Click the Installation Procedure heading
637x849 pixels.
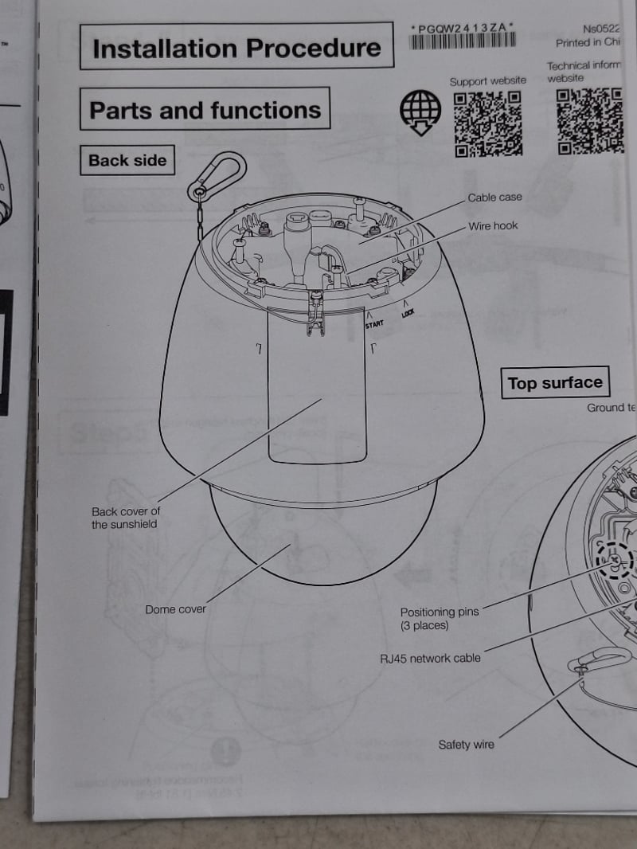coord(236,48)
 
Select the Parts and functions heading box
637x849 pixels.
coord(205,110)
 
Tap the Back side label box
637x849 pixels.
coord(127,160)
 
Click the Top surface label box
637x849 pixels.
coord(555,383)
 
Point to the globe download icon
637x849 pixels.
coord(420,112)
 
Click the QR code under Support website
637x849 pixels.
coord(487,123)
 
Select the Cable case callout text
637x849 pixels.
coord(494,198)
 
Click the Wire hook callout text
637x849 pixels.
coord(492,226)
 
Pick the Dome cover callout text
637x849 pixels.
coord(175,609)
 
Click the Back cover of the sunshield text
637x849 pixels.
coord(125,518)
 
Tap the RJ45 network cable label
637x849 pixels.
coord(430,659)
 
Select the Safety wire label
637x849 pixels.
coord(466,745)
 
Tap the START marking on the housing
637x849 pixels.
coord(374,324)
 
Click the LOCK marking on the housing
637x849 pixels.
coord(408,312)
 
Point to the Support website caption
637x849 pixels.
coord(487,80)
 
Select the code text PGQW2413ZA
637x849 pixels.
coord(463,28)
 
